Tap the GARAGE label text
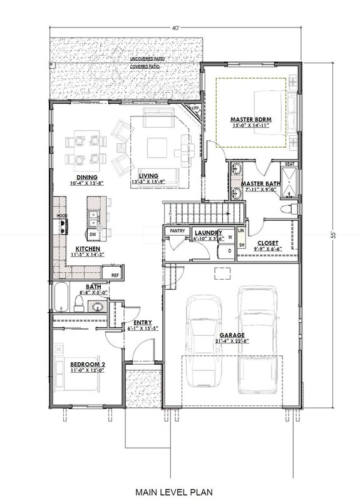[x=231, y=335]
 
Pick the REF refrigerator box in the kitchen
[x=115, y=275]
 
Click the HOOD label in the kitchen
[x=61, y=216]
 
